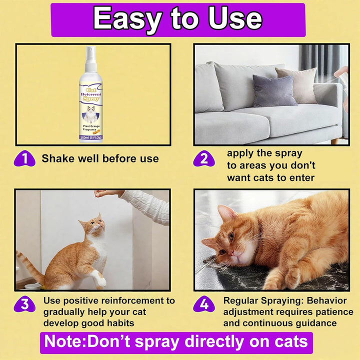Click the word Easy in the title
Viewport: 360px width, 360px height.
click(x=126, y=19)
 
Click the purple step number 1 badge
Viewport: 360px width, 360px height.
click(x=24, y=158)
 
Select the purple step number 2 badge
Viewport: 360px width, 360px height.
click(x=203, y=158)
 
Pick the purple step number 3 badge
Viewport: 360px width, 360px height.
click(x=24, y=303)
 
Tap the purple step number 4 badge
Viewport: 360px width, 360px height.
click(x=203, y=303)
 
